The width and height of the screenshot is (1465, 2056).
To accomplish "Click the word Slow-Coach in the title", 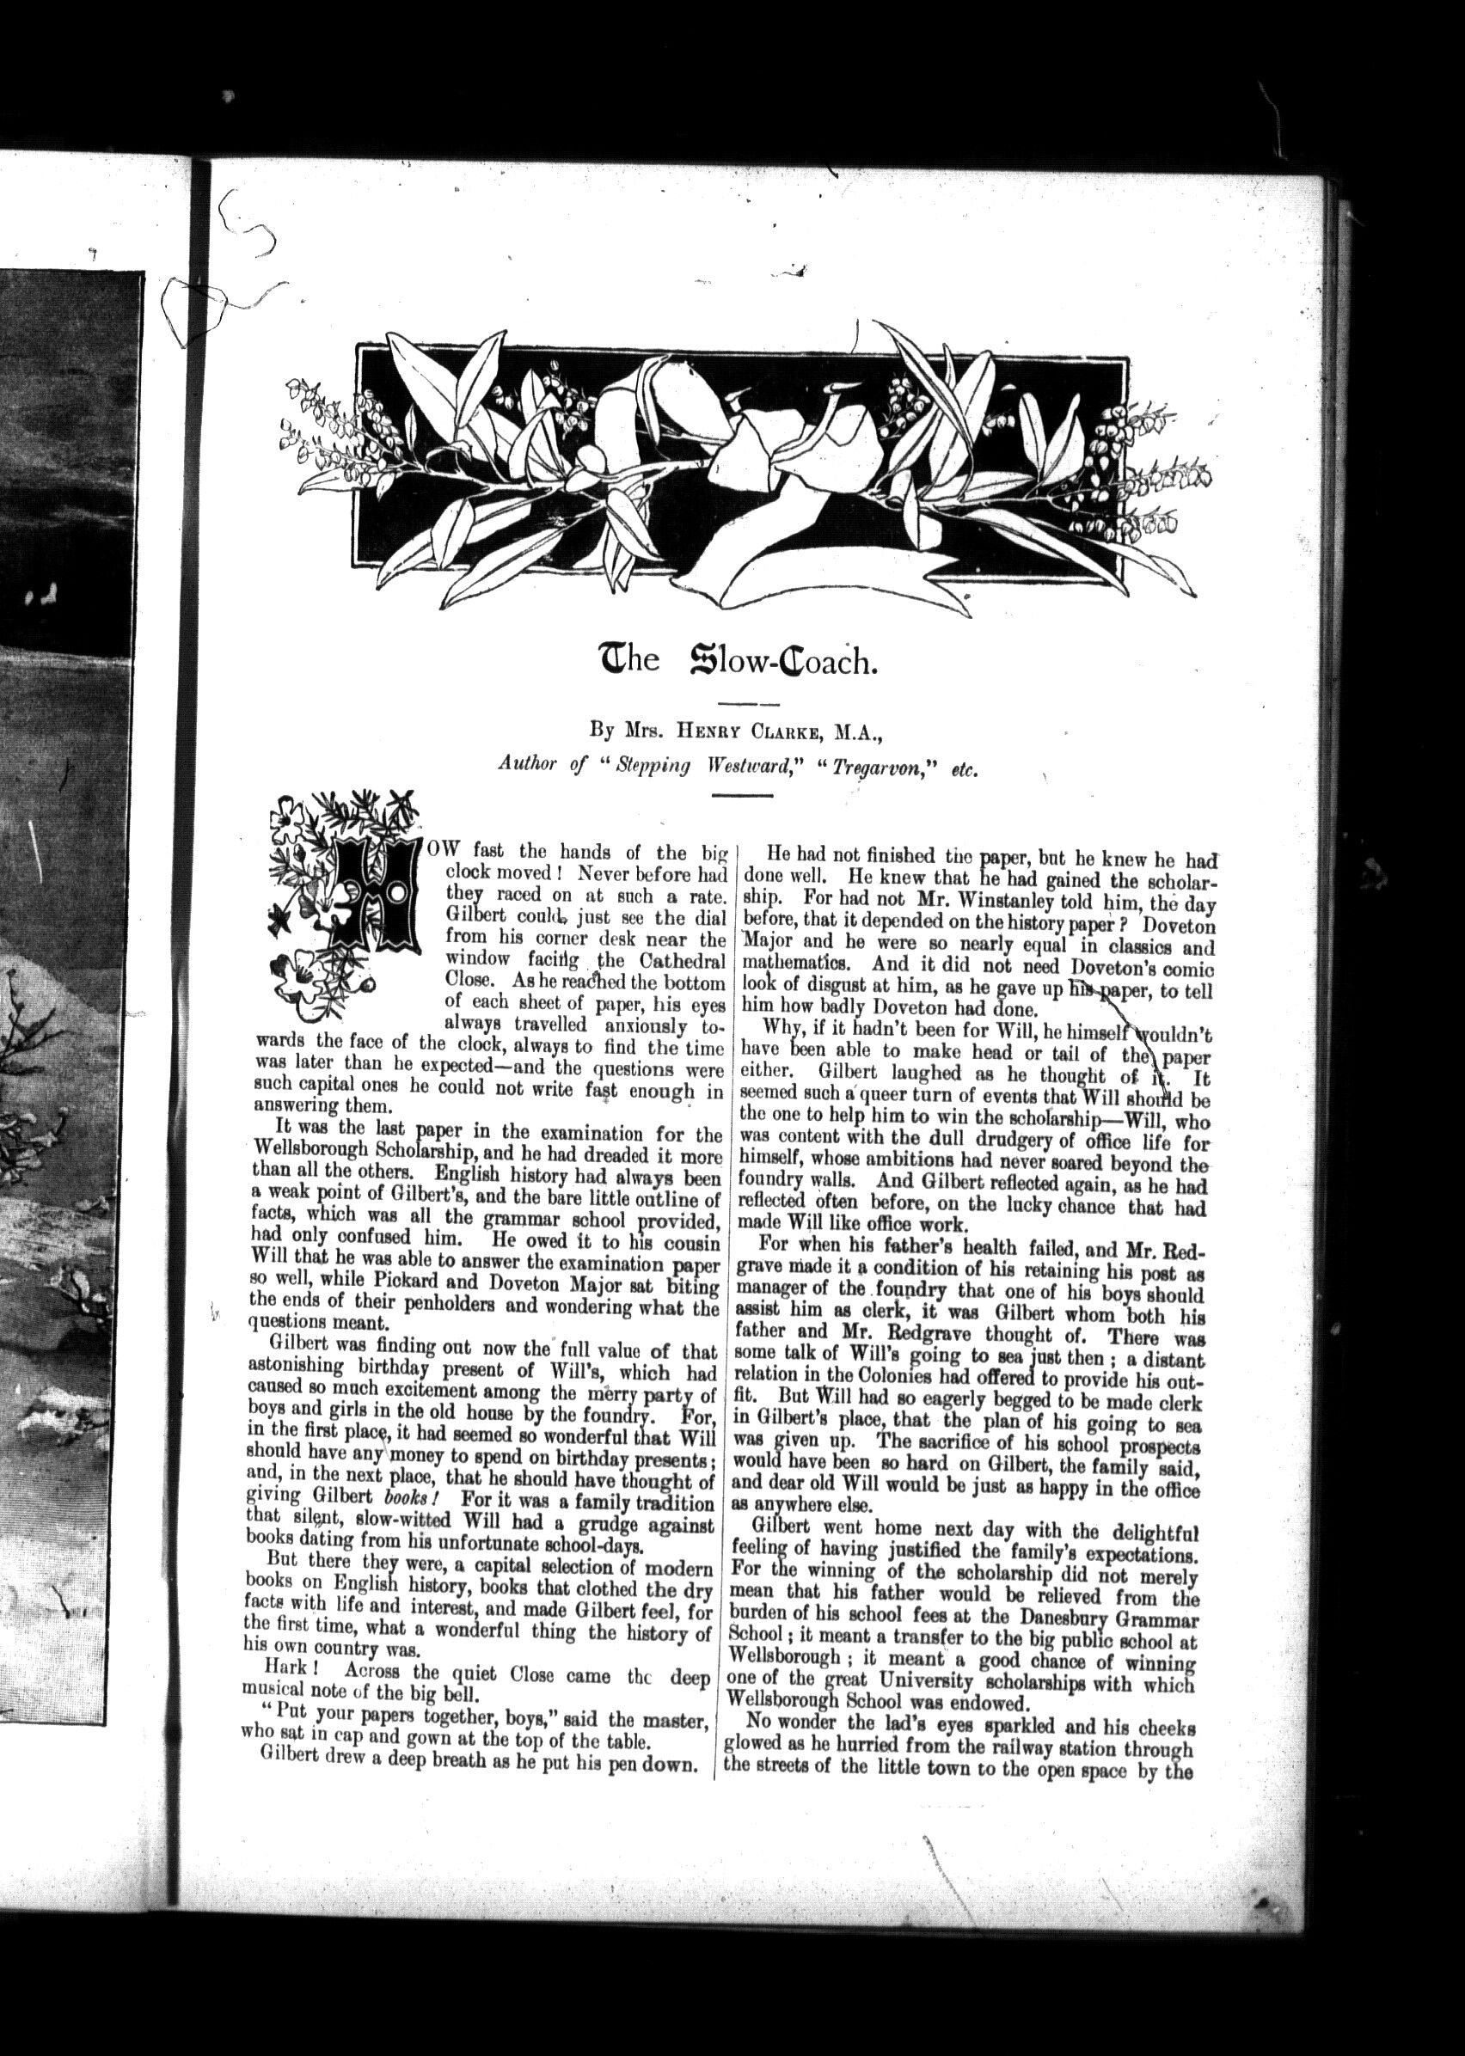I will [782, 663].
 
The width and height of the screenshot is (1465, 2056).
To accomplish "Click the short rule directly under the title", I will [746, 702].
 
